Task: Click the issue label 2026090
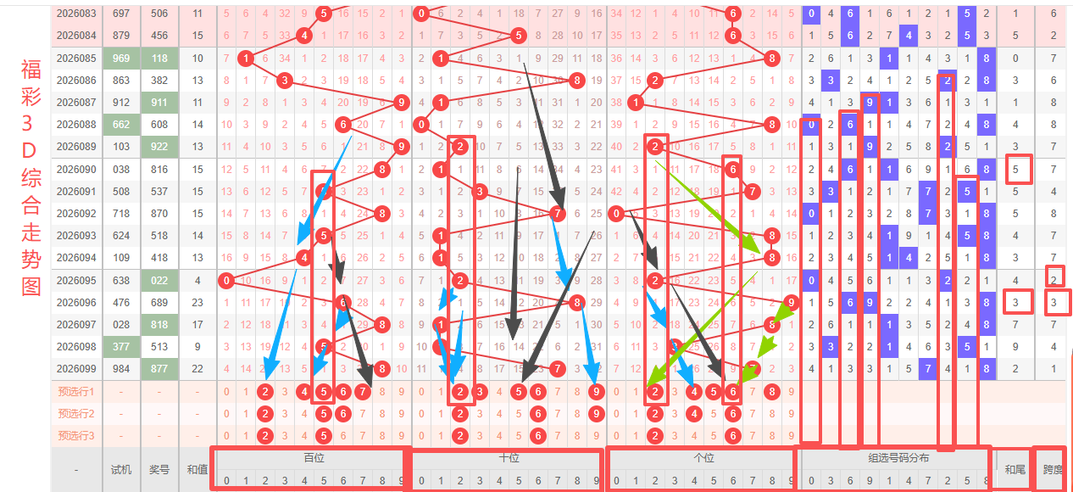click(x=76, y=169)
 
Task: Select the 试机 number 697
click(x=121, y=14)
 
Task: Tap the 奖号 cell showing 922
click(x=159, y=146)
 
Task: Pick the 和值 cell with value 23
click(x=197, y=302)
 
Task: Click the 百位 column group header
click(x=314, y=457)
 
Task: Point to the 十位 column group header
click(x=509, y=457)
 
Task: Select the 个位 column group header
click(x=703, y=457)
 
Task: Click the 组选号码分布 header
click(x=896, y=457)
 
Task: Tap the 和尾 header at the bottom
click(x=1015, y=469)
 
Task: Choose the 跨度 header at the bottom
click(x=1052, y=469)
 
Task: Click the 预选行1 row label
click(x=76, y=392)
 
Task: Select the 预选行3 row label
click(x=76, y=436)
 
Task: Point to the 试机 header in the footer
click(x=121, y=469)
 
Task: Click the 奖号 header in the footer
click(x=159, y=469)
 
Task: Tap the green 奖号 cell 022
click(x=159, y=280)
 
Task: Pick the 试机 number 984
click(x=121, y=368)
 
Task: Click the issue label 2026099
click(x=76, y=368)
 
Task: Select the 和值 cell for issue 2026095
click(x=197, y=280)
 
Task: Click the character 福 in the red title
click(x=31, y=70)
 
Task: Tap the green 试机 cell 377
click(x=121, y=346)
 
